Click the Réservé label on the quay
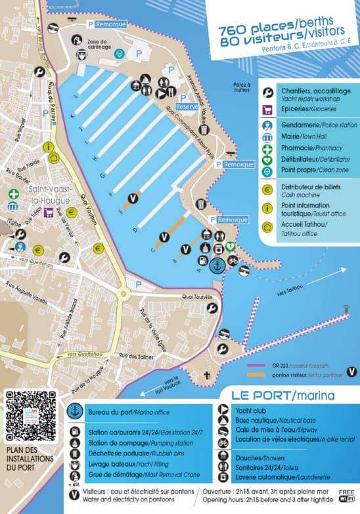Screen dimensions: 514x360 click(187, 106)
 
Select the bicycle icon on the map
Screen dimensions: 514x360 click(233, 261)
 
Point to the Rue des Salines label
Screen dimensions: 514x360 click(131, 356)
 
